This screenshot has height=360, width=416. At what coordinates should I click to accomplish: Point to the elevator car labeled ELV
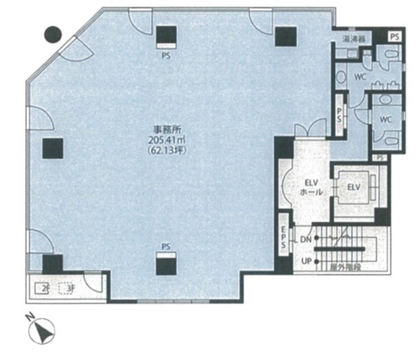tap(354, 188)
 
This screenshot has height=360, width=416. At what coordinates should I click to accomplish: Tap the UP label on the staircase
tap(306, 261)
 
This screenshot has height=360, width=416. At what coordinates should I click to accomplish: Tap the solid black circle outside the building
tap(53, 34)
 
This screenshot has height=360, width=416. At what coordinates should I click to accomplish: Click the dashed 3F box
tap(67, 289)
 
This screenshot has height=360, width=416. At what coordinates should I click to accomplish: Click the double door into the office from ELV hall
tap(310, 129)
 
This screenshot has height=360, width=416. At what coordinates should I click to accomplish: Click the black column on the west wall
tap(53, 148)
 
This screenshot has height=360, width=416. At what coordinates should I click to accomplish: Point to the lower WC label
tap(385, 120)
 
